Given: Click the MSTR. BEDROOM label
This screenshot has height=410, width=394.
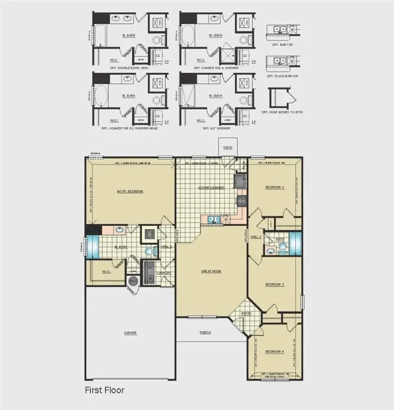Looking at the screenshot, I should [x=131, y=191].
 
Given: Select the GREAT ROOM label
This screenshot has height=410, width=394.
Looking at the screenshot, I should [x=211, y=271].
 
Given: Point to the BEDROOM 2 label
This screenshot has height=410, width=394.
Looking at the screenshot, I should [x=275, y=187].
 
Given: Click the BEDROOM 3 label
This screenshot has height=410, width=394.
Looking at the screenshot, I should [x=274, y=285].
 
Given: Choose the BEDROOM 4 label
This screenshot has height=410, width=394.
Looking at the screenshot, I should [x=274, y=351].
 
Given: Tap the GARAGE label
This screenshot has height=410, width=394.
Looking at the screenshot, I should [x=130, y=333].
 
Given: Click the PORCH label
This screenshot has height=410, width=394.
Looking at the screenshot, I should [x=206, y=332].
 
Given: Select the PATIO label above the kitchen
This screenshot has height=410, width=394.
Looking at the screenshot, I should [x=228, y=147].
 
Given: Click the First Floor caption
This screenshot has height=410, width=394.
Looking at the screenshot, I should [x=105, y=390].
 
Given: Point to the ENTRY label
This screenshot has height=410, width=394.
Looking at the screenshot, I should [x=246, y=313].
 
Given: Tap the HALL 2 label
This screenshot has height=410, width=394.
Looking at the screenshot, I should [x=256, y=236].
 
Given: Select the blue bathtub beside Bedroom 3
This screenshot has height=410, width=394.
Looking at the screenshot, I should [x=294, y=243].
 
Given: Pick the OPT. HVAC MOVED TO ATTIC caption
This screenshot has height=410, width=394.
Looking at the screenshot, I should [x=281, y=112].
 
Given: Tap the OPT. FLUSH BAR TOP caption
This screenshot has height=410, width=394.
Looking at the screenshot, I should [x=282, y=76].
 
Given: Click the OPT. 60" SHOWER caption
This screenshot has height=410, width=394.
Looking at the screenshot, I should [x=216, y=128].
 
